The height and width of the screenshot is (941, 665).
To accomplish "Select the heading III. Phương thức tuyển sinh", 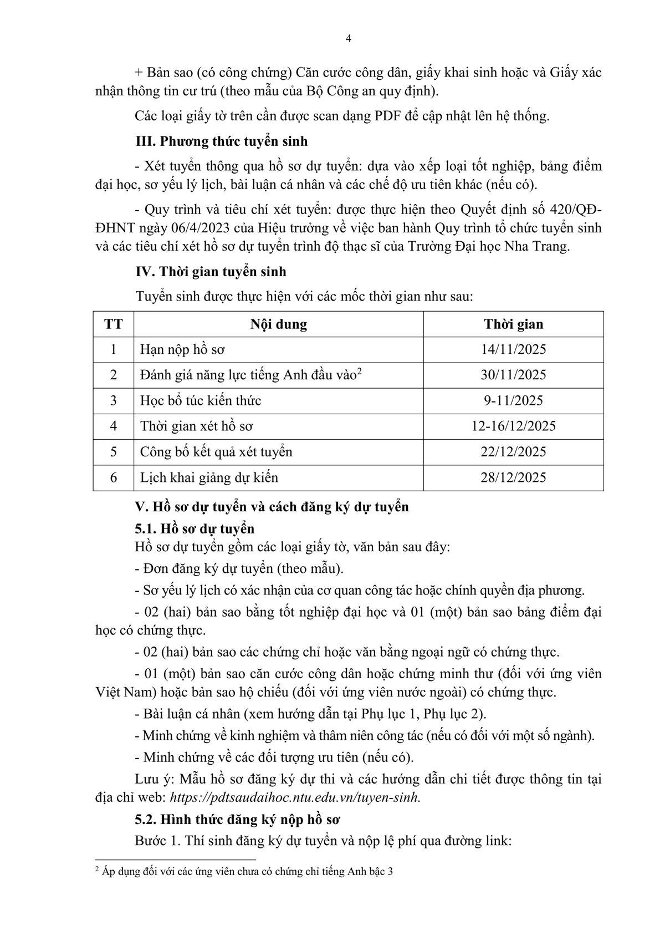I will click(x=221, y=141).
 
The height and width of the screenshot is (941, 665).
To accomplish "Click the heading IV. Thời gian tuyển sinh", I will click(x=211, y=271).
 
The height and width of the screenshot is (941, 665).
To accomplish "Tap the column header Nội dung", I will click(x=278, y=324).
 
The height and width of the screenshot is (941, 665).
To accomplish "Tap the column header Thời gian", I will click(x=513, y=324).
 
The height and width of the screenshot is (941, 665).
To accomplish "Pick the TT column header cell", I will click(x=113, y=324).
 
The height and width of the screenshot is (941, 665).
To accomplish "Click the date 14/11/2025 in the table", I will click(x=513, y=349).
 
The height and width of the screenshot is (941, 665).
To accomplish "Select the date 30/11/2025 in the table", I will click(x=513, y=375).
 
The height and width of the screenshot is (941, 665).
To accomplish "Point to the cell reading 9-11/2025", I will click(x=513, y=400).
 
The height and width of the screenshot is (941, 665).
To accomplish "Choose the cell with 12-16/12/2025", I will click(x=513, y=426).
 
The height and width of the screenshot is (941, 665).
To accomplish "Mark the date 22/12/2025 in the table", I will click(x=513, y=451).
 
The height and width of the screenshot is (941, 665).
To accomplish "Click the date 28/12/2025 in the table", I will click(x=513, y=477).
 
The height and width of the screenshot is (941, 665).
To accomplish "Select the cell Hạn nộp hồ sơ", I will click(x=182, y=349).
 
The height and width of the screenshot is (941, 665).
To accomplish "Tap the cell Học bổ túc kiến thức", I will click(x=200, y=400).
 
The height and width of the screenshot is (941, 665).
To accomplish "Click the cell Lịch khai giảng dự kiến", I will click(x=209, y=477).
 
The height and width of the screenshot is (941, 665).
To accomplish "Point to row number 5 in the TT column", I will click(x=113, y=451).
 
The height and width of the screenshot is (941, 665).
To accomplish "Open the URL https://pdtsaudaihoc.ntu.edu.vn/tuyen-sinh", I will click(x=295, y=797).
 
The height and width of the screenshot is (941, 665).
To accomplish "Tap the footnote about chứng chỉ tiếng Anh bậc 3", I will click(x=244, y=871).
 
